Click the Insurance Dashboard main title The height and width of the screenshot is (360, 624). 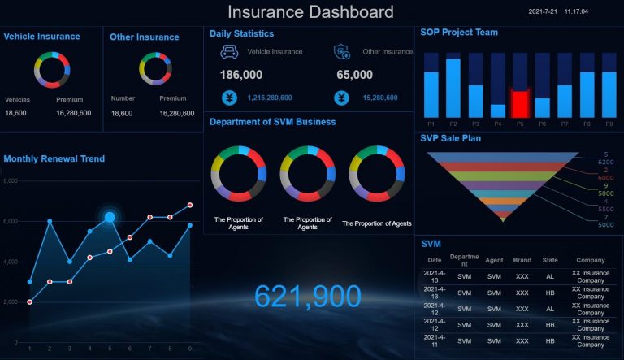point(310,11)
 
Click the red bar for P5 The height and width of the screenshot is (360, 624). point(519,103)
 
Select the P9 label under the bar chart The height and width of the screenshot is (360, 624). point(609,124)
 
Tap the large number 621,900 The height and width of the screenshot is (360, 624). point(307,297)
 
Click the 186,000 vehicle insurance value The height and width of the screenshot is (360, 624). point(241,75)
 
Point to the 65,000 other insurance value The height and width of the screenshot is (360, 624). point(354,75)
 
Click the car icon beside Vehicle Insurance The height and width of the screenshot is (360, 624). point(229,52)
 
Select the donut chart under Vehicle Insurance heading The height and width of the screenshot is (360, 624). point(52,70)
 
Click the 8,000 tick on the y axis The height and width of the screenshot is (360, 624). point(11,181)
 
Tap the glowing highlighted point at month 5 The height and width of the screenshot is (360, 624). point(110,217)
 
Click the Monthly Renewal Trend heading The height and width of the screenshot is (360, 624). point(54,158)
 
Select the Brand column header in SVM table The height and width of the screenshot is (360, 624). point(522,260)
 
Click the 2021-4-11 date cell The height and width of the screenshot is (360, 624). point(435,341)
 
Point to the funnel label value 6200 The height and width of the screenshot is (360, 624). point(606,163)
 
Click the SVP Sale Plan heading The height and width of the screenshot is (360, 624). point(450,138)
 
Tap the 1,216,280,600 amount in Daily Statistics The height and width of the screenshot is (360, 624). point(270,98)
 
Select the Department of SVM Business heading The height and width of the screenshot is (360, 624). point(272,122)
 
